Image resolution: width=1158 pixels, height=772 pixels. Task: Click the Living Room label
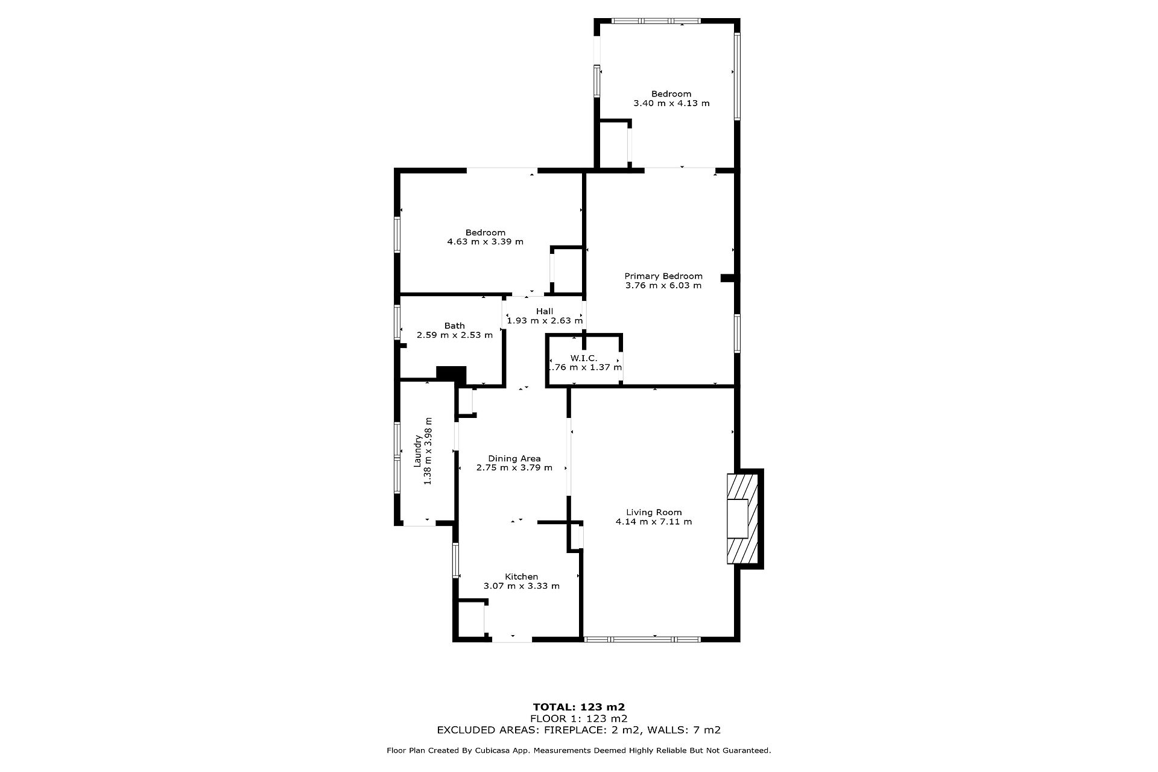click(x=654, y=512)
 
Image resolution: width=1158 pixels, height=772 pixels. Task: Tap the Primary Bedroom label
click(x=663, y=276)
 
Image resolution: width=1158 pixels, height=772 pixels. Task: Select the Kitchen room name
click(x=521, y=577)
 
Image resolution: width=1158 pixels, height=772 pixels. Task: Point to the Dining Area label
click(x=514, y=458)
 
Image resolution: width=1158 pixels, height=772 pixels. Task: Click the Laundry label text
click(x=417, y=451)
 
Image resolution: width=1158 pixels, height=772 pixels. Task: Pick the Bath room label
click(x=455, y=326)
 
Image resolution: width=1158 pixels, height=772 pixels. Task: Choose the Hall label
click(x=545, y=311)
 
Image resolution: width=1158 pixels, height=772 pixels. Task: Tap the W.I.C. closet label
click(x=584, y=358)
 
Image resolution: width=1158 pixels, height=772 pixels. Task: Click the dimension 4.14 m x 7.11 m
click(x=654, y=522)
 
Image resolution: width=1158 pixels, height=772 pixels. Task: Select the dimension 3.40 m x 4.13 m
click(x=671, y=103)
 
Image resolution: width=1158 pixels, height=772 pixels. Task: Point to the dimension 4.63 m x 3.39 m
click(x=485, y=242)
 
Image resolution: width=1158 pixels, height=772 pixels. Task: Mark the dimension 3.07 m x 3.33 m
click(x=522, y=586)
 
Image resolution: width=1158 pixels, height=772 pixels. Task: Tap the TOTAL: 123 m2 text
click(x=579, y=707)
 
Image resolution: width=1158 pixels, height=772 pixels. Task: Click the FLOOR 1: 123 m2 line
click(x=579, y=718)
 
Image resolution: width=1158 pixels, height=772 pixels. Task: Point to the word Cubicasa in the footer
click(x=489, y=751)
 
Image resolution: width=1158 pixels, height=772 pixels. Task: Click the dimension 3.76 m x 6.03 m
click(x=663, y=285)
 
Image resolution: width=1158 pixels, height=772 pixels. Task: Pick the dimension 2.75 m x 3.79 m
click(x=514, y=467)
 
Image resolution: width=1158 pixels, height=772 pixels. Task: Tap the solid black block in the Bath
click(x=451, y=374)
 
